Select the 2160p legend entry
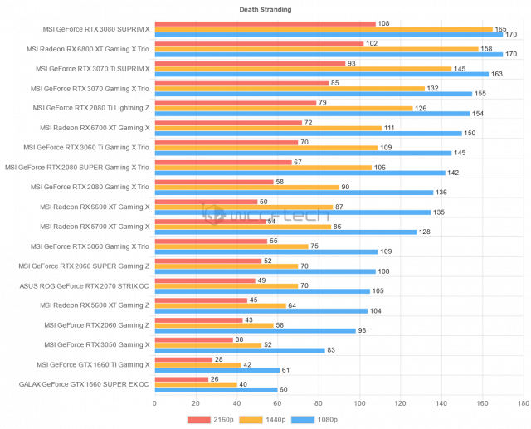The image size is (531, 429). (x=217, y=420)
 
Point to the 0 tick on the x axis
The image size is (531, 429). (x=154, y=403)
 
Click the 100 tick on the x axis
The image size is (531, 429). (x=359, y=403)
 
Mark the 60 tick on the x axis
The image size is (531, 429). (x=277, y=403)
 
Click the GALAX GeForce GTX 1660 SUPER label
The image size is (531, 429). (x=84, y=384)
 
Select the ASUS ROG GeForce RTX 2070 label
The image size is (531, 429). (x=84, y=285)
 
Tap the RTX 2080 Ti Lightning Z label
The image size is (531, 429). (x=91, y=107)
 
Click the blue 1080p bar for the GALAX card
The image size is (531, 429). (x=216, y=389)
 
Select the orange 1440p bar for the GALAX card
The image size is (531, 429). (x=195, y=384)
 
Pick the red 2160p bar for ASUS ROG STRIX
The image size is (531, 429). (x=204, y=280)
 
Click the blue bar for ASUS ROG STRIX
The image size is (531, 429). (x=262, y=291)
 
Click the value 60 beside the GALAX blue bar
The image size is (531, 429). (x=285, y=389)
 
